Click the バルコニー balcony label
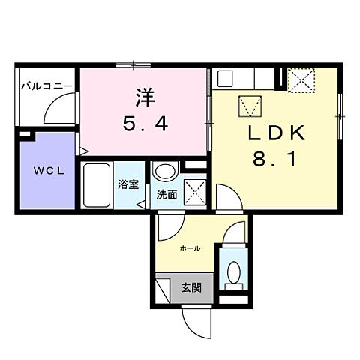coord(46,87)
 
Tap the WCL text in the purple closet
coord(46,171)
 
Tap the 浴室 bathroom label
coord(127,184)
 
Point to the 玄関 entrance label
coord(190,287)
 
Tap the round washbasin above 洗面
coord(163,172)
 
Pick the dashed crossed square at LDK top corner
coord(301,79)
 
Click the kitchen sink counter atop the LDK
coord(244,77)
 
